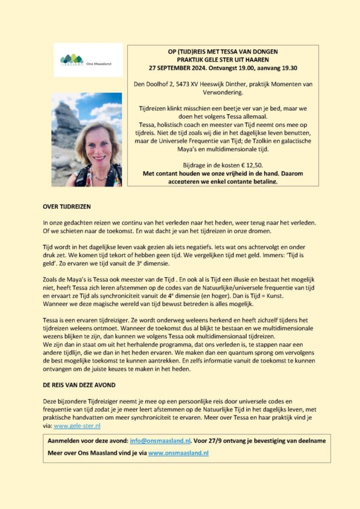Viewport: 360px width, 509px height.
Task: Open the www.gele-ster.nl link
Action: [77, 426]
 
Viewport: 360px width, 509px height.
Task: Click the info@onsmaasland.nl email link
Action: [160, 440]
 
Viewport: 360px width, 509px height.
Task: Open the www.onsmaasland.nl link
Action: [178, 453]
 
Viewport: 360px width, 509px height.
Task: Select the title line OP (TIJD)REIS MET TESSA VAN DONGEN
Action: [223, 52]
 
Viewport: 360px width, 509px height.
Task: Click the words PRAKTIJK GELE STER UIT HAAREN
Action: [223, 60]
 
